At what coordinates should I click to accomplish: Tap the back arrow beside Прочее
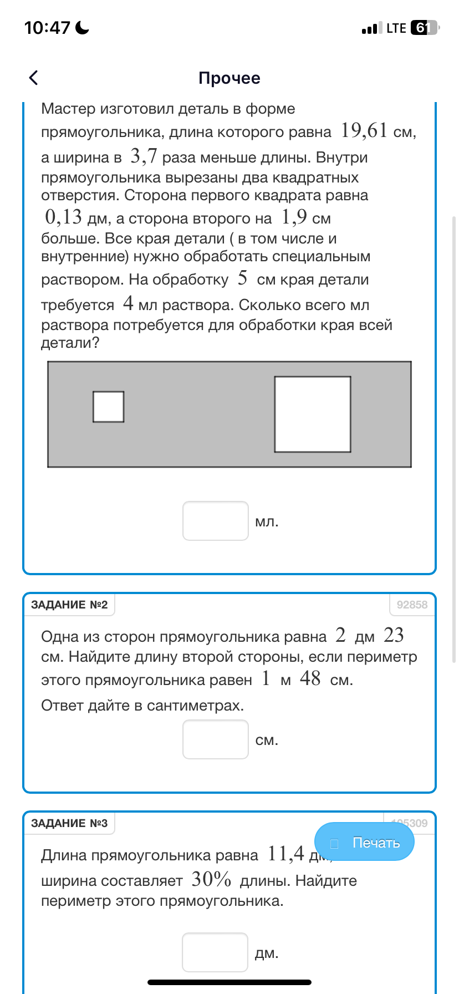pyautogui.click(x=34, y=78)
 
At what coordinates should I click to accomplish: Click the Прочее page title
pyautogui.click(x=229, y=78)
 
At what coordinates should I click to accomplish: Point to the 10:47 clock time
pyautogui.click(x=48, y=28)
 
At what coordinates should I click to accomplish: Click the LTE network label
pyautogui.click(x=396, y=28)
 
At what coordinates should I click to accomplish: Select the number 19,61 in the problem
pyautogui.click(x=364, y=131)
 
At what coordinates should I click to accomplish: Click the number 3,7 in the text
pyautogui.click(x=144, y=157)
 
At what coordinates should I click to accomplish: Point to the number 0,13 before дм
pyautogui.click(x=63, y=217)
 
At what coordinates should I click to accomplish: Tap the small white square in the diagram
pyautogui.click(x=108, y=407)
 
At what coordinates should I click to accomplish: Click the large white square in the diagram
pyautogui.click(x=313, y=414)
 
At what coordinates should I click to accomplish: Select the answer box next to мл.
pyautogui.click(x=216, y=521)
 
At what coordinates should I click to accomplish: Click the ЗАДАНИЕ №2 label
pyautogui.click(x=69, y=605)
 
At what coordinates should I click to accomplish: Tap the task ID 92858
pyautogui.click(x=412, y=605)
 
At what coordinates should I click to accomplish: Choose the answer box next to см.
pyautogui.click(x=216, y=739)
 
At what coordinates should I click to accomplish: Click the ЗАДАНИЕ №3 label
pyautogui.click(x=69, y=823)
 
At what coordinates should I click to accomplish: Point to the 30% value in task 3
pyautogui.click(x=211, y=880)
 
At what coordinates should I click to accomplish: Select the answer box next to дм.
pyautogui.click(x=215, y=952)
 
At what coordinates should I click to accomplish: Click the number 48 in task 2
pyautogui.click(x=310, y=678)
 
